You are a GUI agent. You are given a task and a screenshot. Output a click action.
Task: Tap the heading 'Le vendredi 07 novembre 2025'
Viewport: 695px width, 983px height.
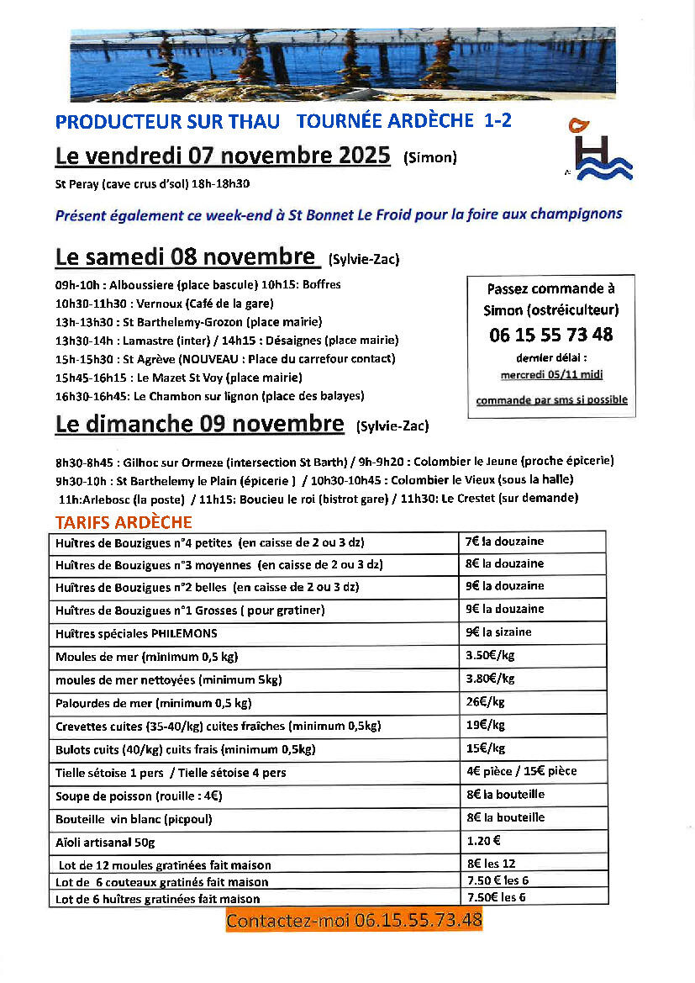(x=223, y=156)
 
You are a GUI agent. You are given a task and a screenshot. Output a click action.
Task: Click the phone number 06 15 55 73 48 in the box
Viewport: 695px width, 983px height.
(x=550, y=335)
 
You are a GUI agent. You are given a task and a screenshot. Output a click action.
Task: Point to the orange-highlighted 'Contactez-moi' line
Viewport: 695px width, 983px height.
(x=354, y=920)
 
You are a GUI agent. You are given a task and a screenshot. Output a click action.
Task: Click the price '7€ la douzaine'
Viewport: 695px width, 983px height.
(x=505, y=541)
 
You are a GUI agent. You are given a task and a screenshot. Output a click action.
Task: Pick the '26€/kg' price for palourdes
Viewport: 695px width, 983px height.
(x=485, y=702)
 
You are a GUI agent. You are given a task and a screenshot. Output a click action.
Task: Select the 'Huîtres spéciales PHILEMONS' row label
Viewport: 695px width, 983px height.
(x=136, y=633)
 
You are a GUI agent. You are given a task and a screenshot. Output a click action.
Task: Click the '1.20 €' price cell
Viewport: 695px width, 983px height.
(x=484, y=840)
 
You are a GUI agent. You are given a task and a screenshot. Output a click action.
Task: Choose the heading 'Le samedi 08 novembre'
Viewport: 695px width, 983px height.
(x=187, y=256)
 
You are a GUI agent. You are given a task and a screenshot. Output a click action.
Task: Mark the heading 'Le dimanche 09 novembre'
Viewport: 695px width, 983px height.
(x=199, y=424)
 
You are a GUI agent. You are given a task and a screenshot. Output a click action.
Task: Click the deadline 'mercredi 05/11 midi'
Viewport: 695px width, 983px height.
(x=551, y=375)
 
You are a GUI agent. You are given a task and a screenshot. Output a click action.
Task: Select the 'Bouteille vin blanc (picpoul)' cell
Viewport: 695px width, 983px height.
(x=134, y=818)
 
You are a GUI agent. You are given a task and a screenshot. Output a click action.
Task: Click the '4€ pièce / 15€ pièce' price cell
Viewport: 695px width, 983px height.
(x=521, y=771)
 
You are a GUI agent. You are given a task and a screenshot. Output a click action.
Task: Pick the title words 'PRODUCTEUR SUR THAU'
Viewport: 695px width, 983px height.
(x=167, y=121)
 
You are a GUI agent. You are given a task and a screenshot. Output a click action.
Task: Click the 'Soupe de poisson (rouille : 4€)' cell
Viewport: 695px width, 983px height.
(x=139, y=795)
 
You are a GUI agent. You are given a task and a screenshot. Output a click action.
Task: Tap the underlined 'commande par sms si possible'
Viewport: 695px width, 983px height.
(x=551, y=400)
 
